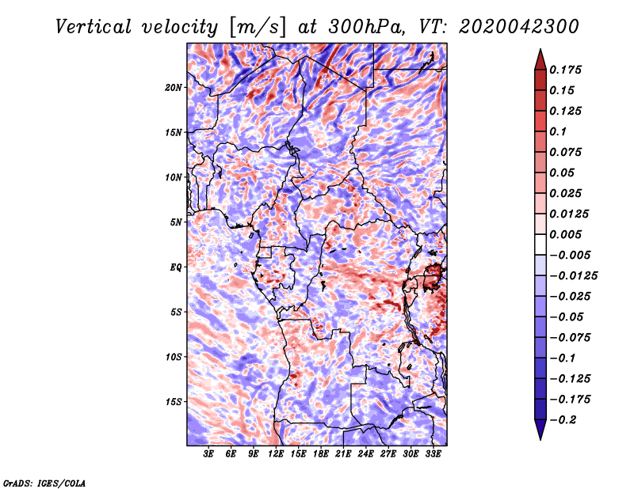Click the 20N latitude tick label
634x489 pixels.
[x=174, y=87]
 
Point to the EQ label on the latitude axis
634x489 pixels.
[x=176, y=267]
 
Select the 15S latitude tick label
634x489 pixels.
[x=174, y=402]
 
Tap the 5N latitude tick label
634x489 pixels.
[x=177, y=222]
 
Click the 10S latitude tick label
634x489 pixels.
[x=174, y=357]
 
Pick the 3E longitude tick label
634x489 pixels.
[x=209, y=455]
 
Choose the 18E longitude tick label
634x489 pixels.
[x=321, y=455]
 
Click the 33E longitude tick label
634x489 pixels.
[x=433, y=455]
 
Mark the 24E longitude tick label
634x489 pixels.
[x=365, y=455]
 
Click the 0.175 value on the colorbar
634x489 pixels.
[x=567, y=70]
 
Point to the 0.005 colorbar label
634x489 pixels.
[x=567, y=234]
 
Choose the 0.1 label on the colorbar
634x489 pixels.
[x=559, y=131]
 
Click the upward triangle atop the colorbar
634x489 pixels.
[x=539, y=59]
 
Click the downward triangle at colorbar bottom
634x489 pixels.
[x=539, y=430]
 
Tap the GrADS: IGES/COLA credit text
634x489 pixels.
[x=44, y=482]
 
